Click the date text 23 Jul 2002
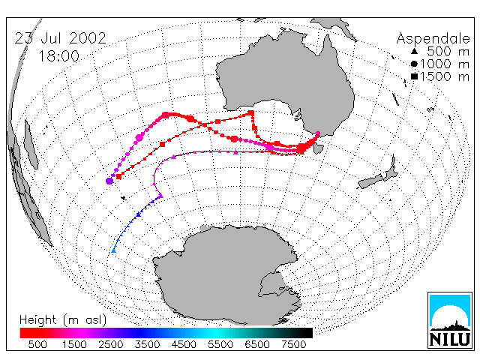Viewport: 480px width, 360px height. pyautogui.click(x=60, y=38)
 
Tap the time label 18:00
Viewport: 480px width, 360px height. pyautogui.click(x=58, y=56)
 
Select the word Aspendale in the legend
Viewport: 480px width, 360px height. pyautogui.click(x=433, y=39)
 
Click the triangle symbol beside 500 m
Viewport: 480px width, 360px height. pyautogui.click(x=414, y=51)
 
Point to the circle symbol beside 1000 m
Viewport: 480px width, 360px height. pyautogui.click(x=414, y=64)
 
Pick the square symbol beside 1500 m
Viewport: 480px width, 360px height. pyautogui.click(x=414, y=76)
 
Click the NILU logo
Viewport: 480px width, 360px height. pyautogui.click(x=450, y=320)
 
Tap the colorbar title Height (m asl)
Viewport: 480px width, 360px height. pyautogui.click(x=63, y=320)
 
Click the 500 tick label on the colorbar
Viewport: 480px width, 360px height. pyautogui.click(x=37, y=344)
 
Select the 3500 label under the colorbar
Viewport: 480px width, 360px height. pyautogui.click(x=147, y=344)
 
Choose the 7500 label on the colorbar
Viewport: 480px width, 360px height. pyautogui.click(x=293, y=344)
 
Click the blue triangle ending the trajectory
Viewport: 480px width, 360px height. pyautogui.click(x=113, y=250)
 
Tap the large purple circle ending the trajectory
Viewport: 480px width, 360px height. pyautogui.click(x=109, y=181)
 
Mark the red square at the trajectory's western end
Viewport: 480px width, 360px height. pyautogui.click(x=118, y=176)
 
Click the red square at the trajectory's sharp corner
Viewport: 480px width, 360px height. pyautogui.click(x=251, y=113)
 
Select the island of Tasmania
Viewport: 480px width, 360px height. pyautogui.click(x=318, y=148)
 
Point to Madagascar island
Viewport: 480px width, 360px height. pyautogui.click(x=31, y=144)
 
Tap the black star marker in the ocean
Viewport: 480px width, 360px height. pyautogui.click(x=124, y=198)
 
